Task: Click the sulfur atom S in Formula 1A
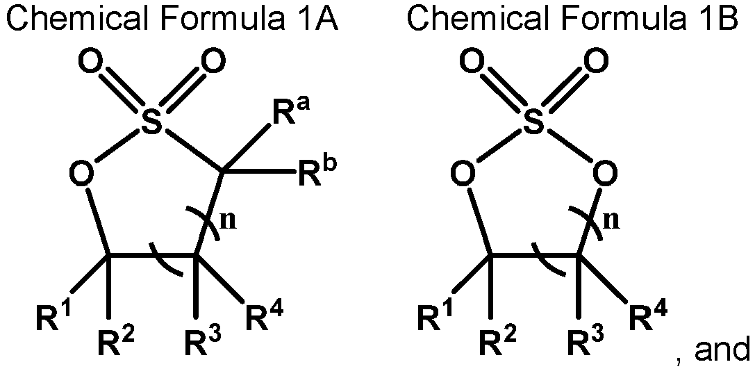tap(151, 123)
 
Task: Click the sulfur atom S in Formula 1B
tap(533, 123)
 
